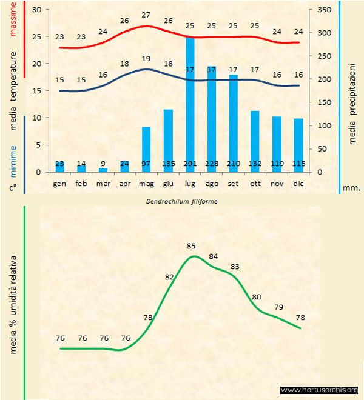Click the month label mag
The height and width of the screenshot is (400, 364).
click(x=146, y=182)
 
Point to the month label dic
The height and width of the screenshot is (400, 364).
click(x=298, y=182)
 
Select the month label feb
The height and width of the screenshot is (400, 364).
click(x=81, y=182)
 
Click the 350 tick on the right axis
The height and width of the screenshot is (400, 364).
click(x=325, y=10)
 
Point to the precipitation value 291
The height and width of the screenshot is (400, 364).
click(x=190, y=164)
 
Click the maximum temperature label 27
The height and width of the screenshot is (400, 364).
click(x=146, y=15)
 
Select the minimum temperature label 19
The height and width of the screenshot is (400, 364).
click(x=146, y=59)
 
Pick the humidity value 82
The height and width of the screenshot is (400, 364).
click(x=169, y=277)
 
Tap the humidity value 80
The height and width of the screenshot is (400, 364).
click(x=257, y=297)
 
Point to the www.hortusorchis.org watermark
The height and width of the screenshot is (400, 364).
click(x=320, y=390)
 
